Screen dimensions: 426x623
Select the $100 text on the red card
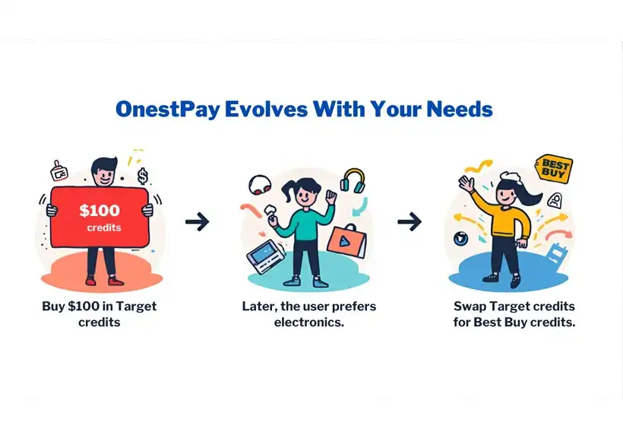point(100,211)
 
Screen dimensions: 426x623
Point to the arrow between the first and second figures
point(198,222)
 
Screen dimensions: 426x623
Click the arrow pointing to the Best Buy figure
point(410,222)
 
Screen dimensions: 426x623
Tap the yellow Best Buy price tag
point(553,168)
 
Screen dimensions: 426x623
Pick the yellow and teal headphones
point(353,180)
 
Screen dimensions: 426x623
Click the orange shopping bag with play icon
point(345,242)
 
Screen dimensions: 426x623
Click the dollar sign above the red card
point(142,176)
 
